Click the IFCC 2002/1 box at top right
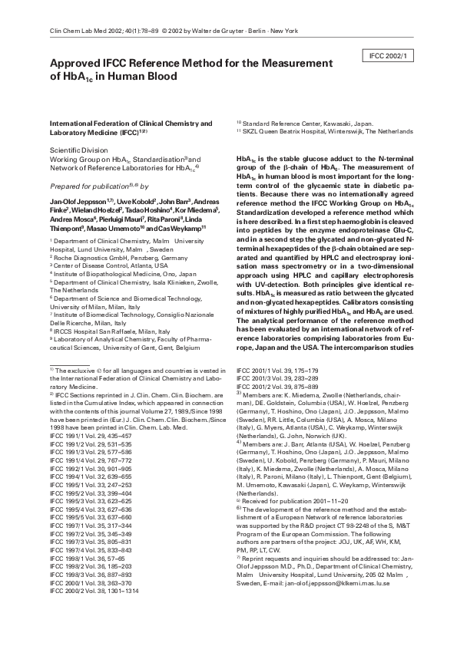390,56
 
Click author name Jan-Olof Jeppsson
76,200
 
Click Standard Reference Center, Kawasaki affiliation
305,123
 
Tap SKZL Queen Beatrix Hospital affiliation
326,131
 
